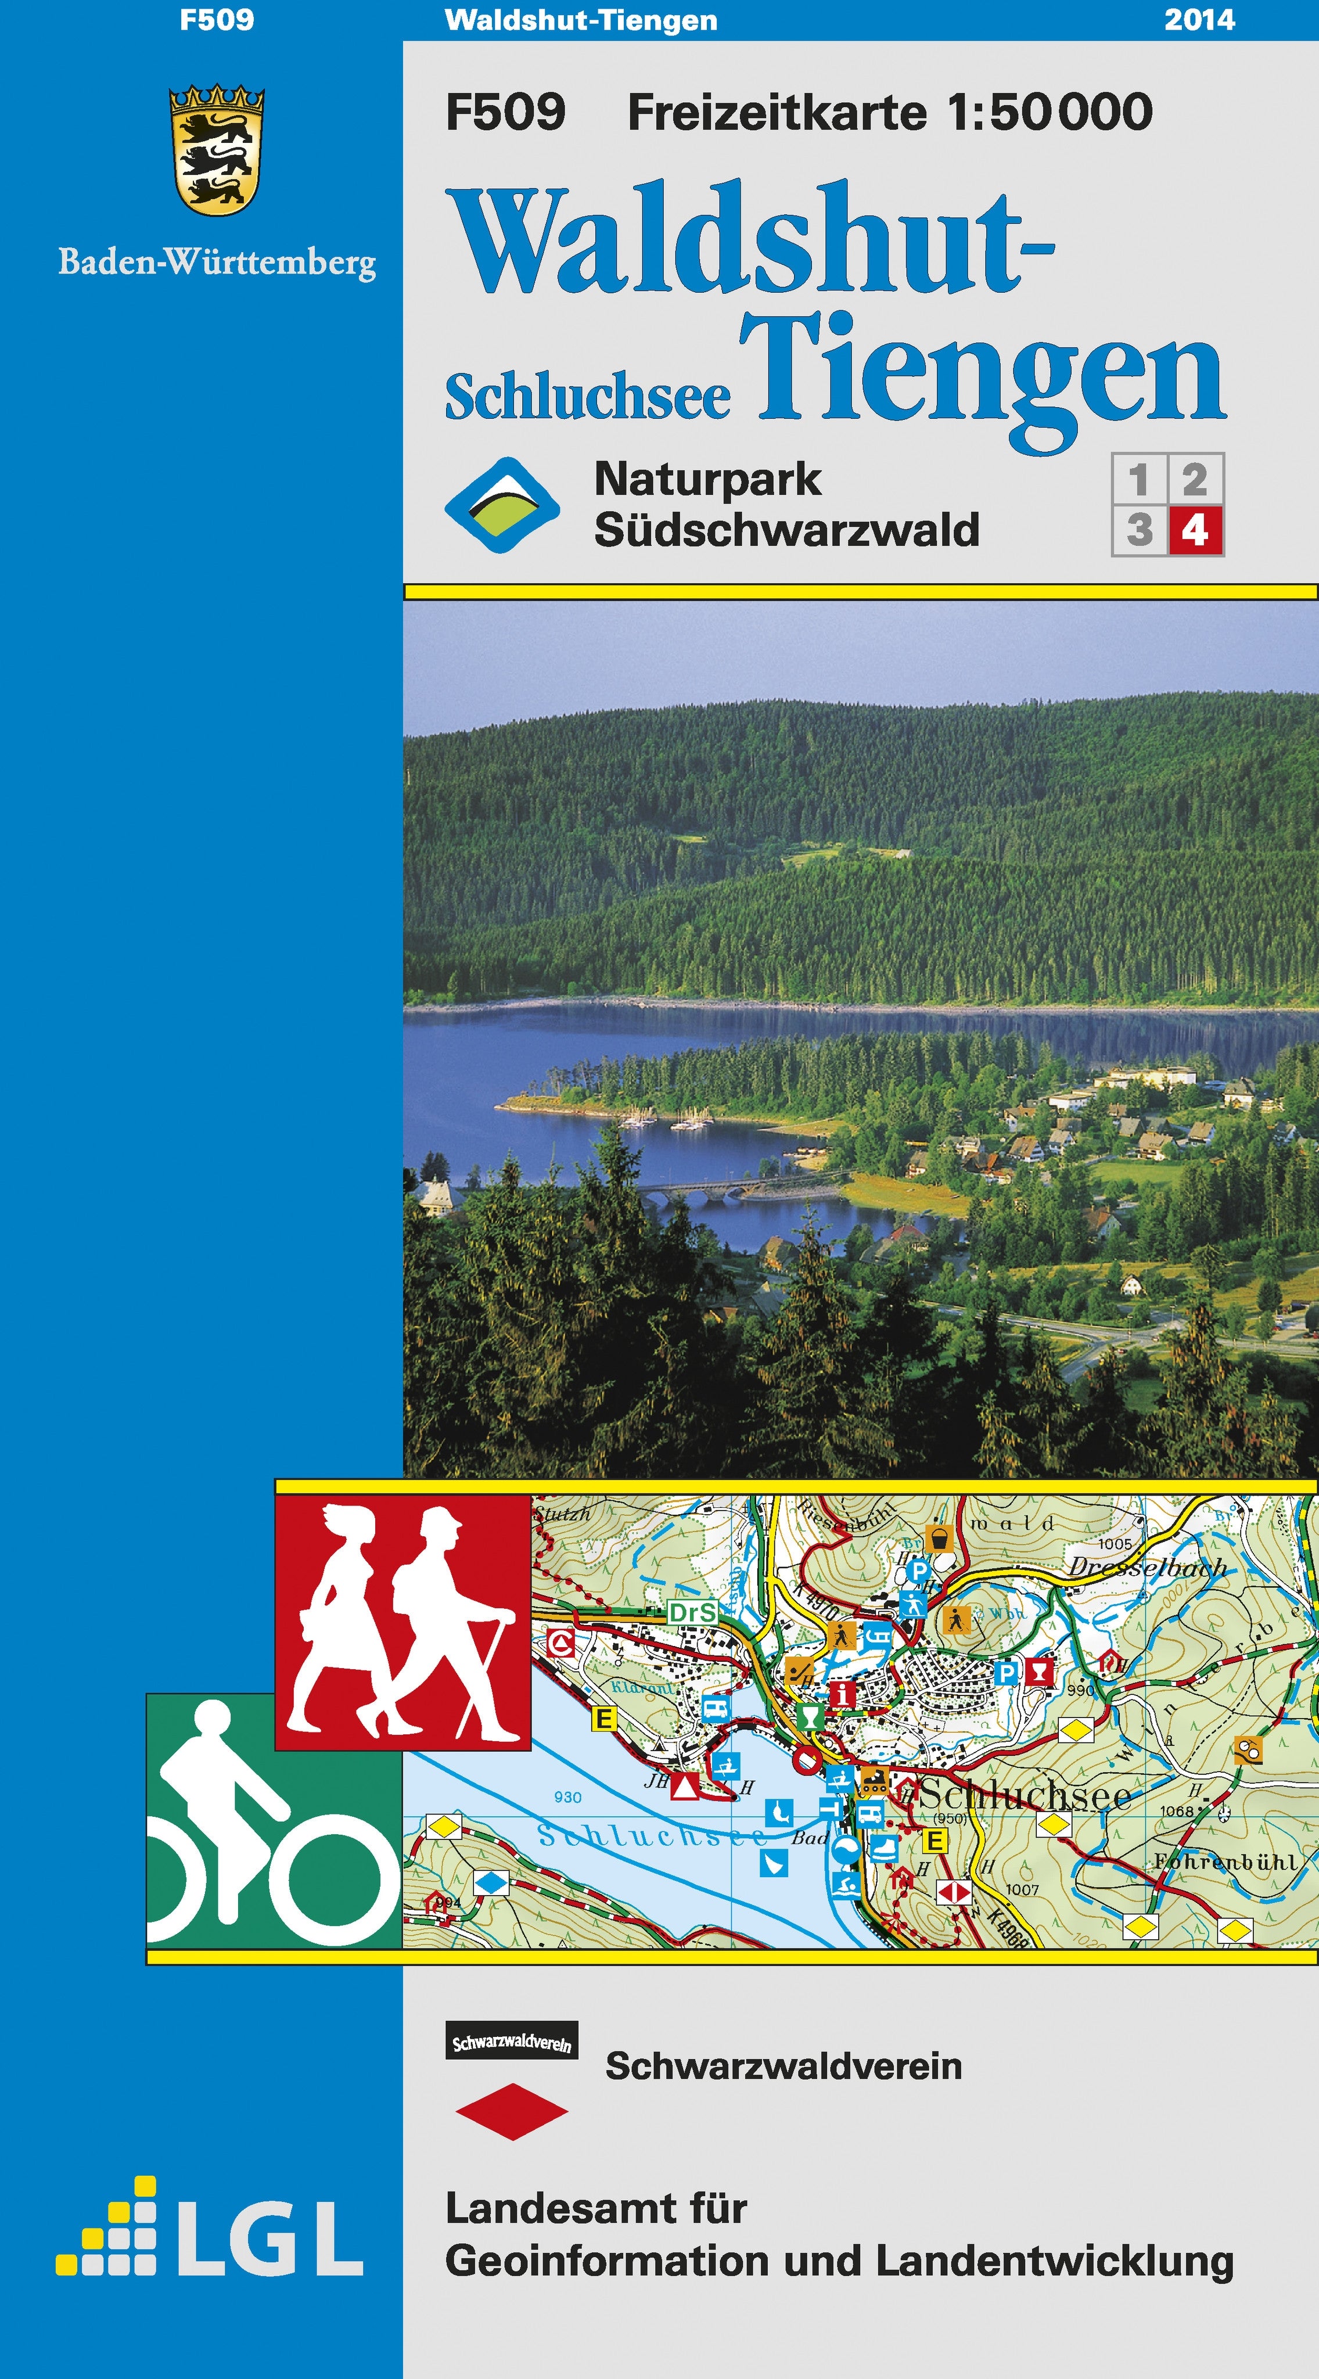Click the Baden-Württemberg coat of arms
(217, 150)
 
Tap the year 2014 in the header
(1199, 19)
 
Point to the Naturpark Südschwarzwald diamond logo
(502, 505)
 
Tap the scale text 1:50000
(1050, 112)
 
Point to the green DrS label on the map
(692, 1612)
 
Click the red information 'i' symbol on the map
(840, 1695)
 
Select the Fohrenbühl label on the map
(1224, 1863)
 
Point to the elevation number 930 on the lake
(567, 1797)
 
